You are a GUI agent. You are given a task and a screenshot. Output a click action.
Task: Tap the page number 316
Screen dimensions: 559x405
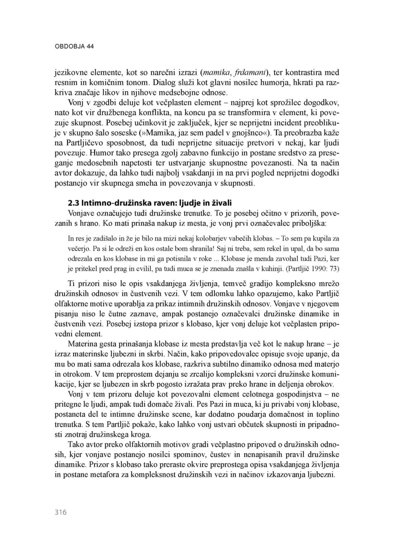pyautogui.click(x=61, y=512)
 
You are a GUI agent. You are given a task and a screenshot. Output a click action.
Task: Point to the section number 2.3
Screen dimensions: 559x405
pyautogui.click(x=73, y=203)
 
